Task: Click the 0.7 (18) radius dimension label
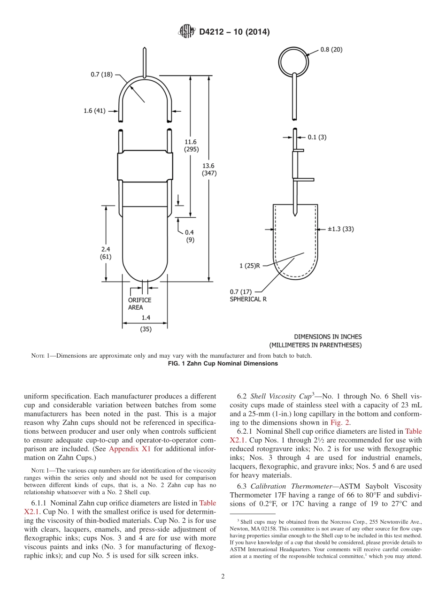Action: coord(101,74)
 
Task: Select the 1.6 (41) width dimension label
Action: coord(95,111)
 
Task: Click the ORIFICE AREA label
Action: coord(140,304)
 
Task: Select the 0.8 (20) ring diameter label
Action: coord(331,50)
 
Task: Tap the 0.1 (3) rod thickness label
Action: coord(317,137)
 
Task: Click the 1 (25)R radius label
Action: coord(250,266)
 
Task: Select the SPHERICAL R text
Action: coord(248,299)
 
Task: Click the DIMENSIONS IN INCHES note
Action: coord(328,337)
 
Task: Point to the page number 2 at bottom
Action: coord(223,577)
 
